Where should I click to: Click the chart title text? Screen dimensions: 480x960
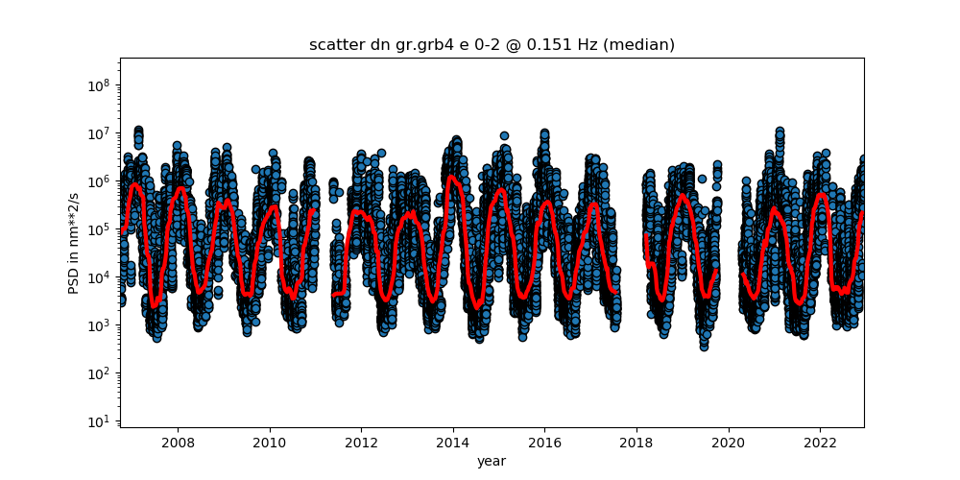pyautogui.click(x=492, y=45)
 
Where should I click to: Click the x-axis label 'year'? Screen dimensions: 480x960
pyautogui.click(x=492, y=461)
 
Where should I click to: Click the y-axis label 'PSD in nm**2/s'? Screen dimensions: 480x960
pyautogui.click(x=74, y=242)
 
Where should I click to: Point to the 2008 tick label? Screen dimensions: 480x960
pyautogui.click(x=178, y=443)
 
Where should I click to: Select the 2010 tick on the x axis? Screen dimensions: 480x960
pyautogui.click(x=270, y=443)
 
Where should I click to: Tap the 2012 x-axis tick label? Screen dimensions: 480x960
pyautogui.click(x=361, y=443)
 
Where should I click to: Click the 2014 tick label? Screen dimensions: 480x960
pyautogui.click(x=453, y=443)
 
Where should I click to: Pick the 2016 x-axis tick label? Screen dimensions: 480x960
pyautogui.click(x=544, y=443)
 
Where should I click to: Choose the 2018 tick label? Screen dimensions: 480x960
pyautogui.click(x=636, y=443)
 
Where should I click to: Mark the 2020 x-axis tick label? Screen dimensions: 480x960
pyautogui.click(x=728, y=443)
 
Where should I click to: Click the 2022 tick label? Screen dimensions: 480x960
pyautogui.click(x=820, y=443)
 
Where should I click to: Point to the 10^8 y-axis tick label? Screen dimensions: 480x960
pyautogui.click(x=101, y=85)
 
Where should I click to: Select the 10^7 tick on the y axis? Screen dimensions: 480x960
pyautogui.click(x=101, y=133)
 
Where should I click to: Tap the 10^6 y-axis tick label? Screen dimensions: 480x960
pyautogui.click(x=101, y=181)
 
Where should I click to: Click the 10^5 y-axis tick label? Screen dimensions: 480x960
pyautogui.click(x=101, y=229)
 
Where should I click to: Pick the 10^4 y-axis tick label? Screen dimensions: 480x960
pyautogui.click(x=101, y=277)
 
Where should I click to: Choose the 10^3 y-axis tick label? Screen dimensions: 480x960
pyautogui.click(x=101, y=325)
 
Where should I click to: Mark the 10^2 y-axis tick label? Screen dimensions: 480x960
pyautogui.click(x=101, y=373)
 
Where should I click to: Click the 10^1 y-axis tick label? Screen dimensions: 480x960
pyautogui.click(x=101, y=421)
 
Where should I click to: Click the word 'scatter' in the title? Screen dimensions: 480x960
pyautogui.click(x=331, y=45)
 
